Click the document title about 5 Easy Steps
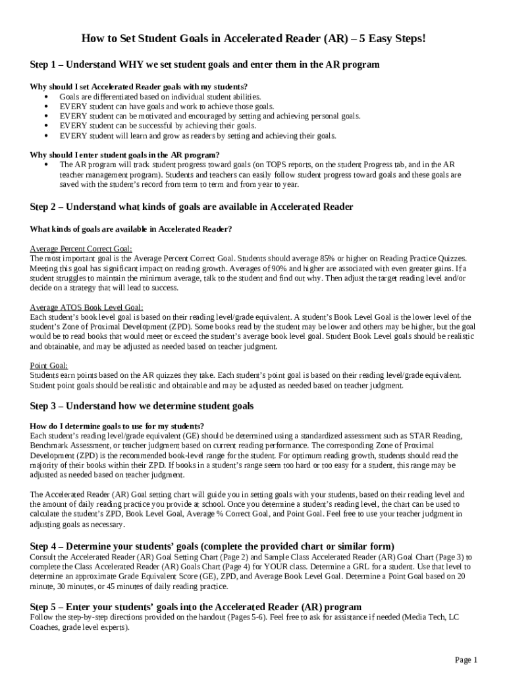[254, 39]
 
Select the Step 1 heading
[205, 65]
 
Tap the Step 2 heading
[192, 207]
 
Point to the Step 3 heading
[142, 405]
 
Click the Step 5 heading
[196, 607]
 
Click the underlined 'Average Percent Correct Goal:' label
[81, 249]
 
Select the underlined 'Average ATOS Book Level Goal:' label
[86, 307]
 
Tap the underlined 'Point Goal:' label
[49, 365]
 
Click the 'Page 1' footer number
[466, 660]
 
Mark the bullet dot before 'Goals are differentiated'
[45, 97]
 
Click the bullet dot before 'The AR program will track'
[45, 165]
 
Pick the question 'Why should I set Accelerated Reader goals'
[139, 87]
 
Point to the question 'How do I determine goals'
[117, 426]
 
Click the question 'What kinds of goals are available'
[131, 229]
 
